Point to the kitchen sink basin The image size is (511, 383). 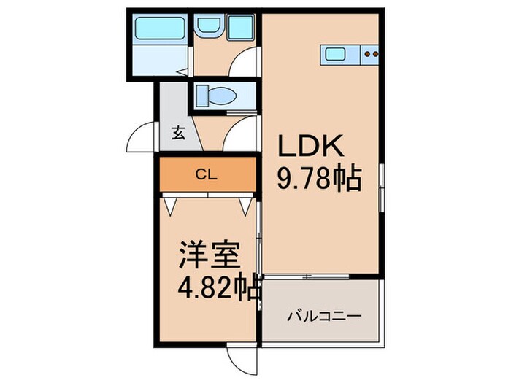[337, 53]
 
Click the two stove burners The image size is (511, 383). [370, 53]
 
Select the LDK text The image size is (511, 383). [308, 147]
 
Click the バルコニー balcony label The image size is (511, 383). [324, 317]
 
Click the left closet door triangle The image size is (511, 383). [171, 206]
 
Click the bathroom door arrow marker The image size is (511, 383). [185, 72]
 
